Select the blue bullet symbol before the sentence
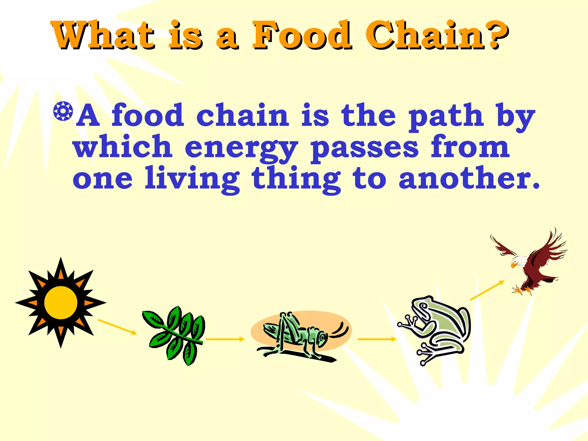(x=63, y=111)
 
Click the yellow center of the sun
(x=61, y=303)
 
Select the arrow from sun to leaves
(x=117, y=327)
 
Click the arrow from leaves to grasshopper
(x=225, y=339)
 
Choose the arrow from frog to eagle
(x=487, y=290)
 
